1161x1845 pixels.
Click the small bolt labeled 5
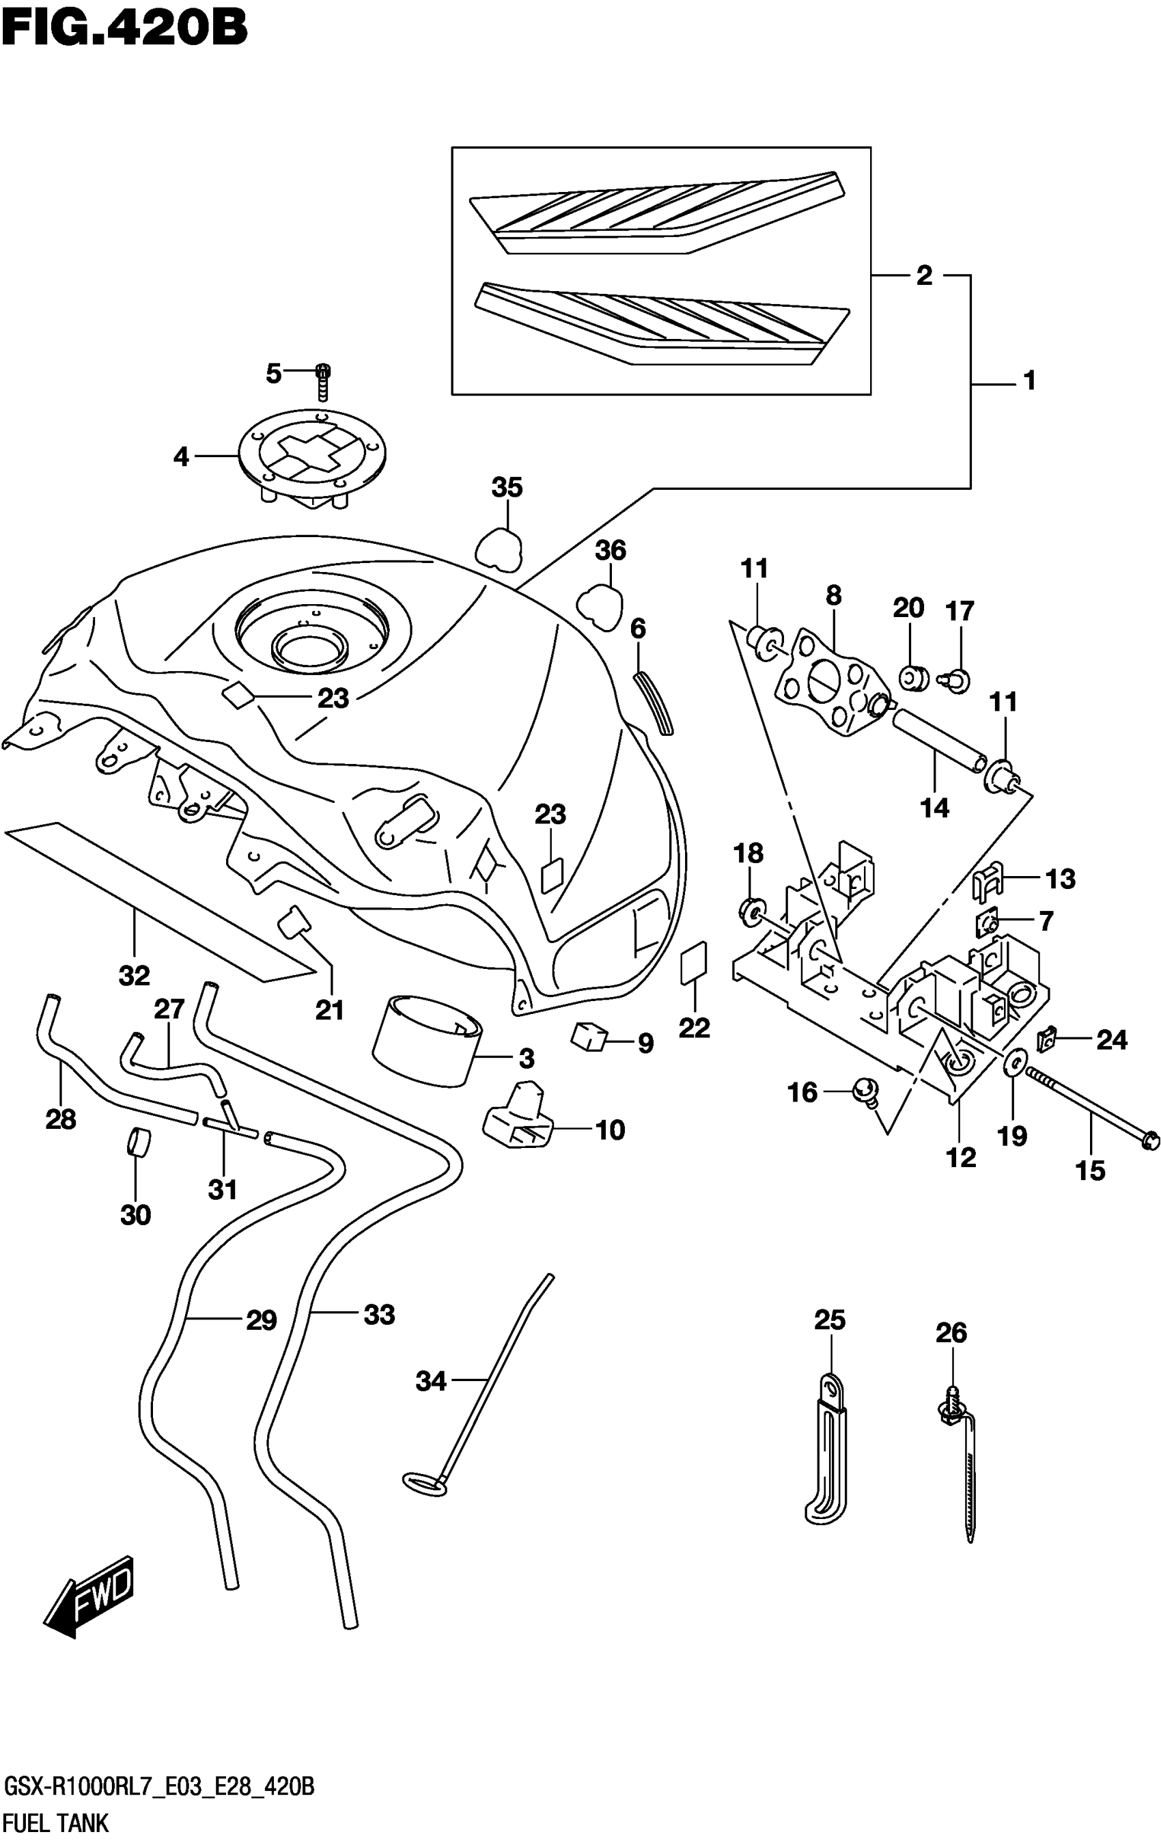(322, 381)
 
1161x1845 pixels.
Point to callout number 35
(507, 487)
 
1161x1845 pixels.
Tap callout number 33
(379, 1315)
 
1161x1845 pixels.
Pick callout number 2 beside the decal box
(924, 275)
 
